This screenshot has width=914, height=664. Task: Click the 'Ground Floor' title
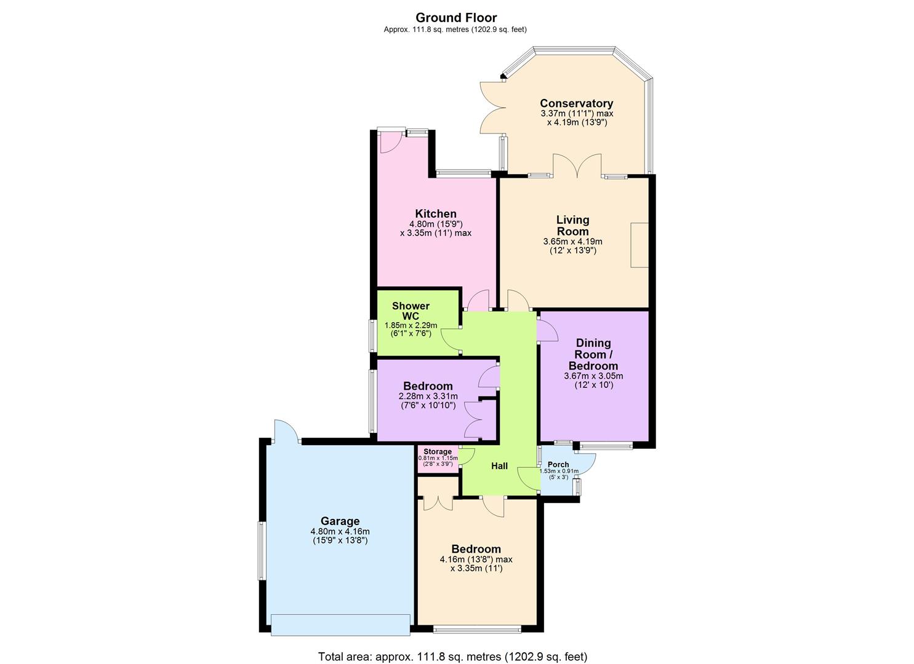(x=456, y=18)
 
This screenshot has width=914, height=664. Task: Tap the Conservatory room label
(x=576, y=103)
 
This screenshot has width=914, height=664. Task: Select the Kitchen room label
(x=435, y=214)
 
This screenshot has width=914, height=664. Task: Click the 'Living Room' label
(x=572, y=226)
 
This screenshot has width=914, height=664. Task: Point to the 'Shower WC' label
(x=411, y=310)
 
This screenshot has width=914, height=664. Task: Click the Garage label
(x=340, y=521)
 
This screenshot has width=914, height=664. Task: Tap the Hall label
(x=499, y=466)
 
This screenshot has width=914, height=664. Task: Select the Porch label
(x=558, y=464)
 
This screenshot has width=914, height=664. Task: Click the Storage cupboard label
(x=437, y=452)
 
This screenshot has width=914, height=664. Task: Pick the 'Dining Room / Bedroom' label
(x=593, y=354)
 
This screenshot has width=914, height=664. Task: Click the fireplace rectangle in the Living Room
(x=639, y=245)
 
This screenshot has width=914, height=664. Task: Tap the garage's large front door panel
(x=340, y=625)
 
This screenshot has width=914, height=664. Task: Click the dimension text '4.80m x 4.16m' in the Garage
(x=340, y=532)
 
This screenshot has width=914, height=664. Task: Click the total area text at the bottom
(x=452, y=657)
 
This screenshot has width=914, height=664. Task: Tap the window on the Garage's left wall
(x=261, y=550)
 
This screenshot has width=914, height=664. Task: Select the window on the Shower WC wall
(x=373, y=336)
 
